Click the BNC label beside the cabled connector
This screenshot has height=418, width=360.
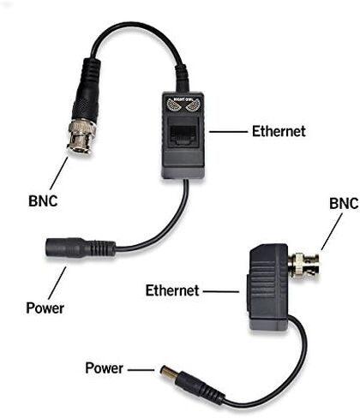tap(43, 200)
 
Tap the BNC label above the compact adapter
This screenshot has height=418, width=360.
tap(344, 204)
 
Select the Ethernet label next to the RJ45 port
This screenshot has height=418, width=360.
tap(279, 131)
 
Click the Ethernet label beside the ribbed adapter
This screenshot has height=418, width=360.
tap(172, 290)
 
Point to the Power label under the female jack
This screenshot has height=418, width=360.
tap(45, 308)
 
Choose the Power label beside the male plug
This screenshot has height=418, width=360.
tap(105, 368)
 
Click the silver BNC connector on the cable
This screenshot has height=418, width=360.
tap(81, 136)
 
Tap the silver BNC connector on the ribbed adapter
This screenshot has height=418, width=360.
tap(303, 265)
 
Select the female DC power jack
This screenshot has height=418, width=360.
tap(80, 248)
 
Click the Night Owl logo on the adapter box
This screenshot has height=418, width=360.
tap(183, 104)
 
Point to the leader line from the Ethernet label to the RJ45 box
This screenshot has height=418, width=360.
tap(228, 132)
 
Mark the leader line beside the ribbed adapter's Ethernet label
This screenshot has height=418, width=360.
tap(221, 292)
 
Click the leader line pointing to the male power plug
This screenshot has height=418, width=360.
tap(141, 370)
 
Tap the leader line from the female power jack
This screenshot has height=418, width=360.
tap(57, 283)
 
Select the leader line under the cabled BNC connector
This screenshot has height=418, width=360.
tap(59, 173)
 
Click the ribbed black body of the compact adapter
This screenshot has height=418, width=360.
tap(268, 287)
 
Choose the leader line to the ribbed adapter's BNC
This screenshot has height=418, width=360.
tap(332, 232)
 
